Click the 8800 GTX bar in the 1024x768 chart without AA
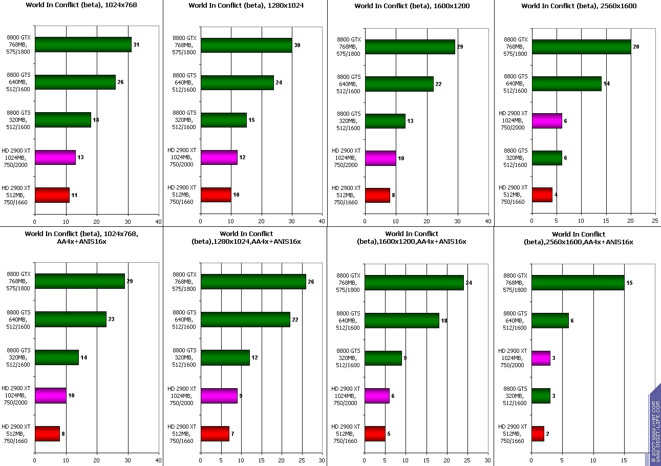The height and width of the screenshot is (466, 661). [83, 45]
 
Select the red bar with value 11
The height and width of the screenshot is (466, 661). [52, 195]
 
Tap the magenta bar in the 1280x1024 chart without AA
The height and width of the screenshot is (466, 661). [219, 157]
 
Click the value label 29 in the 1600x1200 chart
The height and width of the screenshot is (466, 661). [460, 47]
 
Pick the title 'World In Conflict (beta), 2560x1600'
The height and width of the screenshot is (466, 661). [577, 6]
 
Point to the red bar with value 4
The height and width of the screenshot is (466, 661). [542, 195]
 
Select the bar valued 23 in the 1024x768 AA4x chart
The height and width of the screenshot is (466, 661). [71, 319]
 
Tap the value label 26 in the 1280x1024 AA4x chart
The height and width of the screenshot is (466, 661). [311, 282]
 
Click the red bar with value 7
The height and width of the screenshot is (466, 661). [215, 434]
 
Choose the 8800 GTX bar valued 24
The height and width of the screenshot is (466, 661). [414, 283]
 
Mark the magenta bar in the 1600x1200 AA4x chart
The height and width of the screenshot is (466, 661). [377, 396]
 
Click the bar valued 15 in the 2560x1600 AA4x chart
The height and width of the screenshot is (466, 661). [578, 283]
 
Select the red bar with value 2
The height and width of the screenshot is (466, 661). [538, 434]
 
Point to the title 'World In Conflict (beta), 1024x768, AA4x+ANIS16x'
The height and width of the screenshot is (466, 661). [81, 238]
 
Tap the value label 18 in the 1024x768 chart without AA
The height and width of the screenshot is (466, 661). [95, 120]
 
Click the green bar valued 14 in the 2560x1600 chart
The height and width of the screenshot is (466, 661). [566, 83]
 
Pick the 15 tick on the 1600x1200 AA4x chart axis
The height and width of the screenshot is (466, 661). [427, 460]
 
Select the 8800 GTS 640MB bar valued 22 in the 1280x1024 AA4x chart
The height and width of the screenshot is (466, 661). [245, 320]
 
